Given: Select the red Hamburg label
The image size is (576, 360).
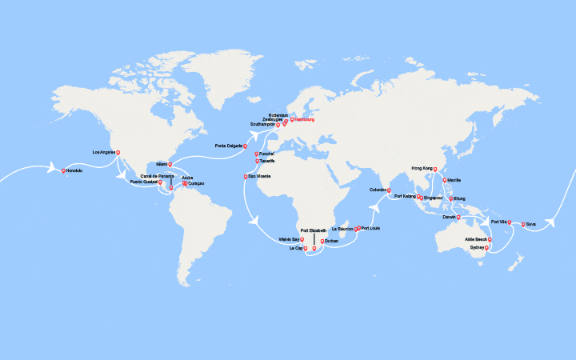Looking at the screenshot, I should tap(305, 120).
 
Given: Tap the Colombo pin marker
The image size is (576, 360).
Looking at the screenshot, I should tap(389, 190).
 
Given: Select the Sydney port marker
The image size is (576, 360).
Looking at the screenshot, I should tap(486, 247).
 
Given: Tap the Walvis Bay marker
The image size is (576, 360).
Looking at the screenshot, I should tap(302, 238).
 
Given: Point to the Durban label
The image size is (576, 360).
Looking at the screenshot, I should tap(332, 241).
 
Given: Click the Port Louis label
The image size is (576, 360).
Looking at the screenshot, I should tap(371, 228).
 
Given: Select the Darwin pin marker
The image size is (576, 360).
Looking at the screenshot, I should tap(458, 216).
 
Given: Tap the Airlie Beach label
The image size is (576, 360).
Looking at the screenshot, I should tap(476, 239).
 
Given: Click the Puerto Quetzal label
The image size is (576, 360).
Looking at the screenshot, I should tap(143, 182).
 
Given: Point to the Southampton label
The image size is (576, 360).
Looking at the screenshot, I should tap(263, 125).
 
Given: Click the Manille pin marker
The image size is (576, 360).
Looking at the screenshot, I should tap(444, 180).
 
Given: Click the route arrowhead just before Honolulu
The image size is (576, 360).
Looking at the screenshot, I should tap(56, 168).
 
